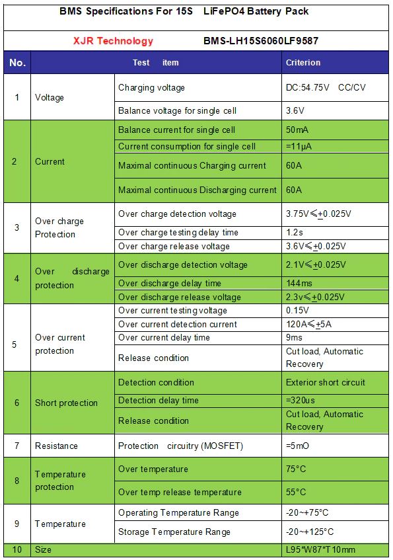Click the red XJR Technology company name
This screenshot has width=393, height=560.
click(113, 41)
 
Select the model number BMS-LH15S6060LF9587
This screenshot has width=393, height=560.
click(262, 41)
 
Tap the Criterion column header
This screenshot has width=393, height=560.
click(303, 62)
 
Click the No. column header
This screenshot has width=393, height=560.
click(17, 62)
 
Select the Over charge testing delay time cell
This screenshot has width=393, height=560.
click(178, 232)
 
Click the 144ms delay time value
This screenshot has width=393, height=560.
click(299, 283)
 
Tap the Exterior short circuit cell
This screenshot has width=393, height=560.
click(325, 382)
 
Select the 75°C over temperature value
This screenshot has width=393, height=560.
click(296, 469)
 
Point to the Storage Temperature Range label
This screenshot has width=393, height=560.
click(174, 532)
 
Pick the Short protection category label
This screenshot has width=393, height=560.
click(66, 403)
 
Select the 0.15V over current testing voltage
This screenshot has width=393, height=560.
click(297, 310)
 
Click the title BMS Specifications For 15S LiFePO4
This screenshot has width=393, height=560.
click(184, 11)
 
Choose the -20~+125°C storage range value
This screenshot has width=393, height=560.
click(310, 532)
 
